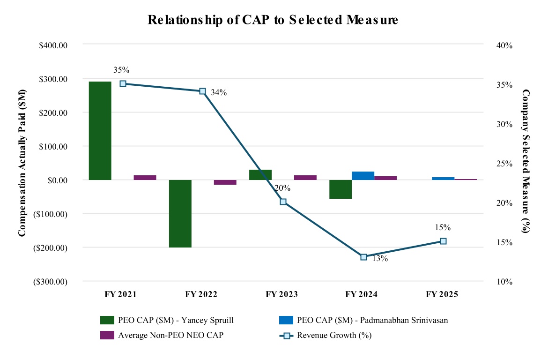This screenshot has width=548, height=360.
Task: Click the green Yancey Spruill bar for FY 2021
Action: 100,130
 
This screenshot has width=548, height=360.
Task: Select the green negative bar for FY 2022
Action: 180,213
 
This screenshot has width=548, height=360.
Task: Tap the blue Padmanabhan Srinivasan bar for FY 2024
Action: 363,176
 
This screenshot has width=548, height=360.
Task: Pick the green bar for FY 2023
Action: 260,175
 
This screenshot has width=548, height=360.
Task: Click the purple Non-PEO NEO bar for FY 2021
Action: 145,178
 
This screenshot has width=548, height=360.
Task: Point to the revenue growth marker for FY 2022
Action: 203,91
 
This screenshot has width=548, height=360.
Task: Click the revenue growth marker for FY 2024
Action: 363,257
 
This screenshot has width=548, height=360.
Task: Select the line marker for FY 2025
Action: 443,241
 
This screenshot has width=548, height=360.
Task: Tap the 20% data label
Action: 282,188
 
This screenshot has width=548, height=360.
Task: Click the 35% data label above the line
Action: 121,70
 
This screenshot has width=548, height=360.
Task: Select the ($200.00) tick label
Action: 51,247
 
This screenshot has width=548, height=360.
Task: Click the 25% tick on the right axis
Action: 504,164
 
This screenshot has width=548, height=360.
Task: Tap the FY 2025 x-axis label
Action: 442,294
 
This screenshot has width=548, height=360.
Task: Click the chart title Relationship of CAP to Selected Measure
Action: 273,20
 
